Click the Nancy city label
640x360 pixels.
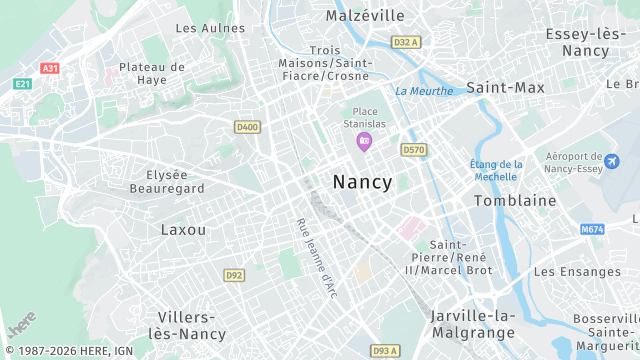pos(362,182)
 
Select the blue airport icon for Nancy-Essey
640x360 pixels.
pos(612,161)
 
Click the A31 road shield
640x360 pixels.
pos(50,68)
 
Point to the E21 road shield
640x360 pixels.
pos(22,84)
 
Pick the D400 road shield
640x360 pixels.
pos(246,127)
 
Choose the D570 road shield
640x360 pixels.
pos(413,149)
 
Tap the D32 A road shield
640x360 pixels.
pos(405,42)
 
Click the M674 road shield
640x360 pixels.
pos(593,229)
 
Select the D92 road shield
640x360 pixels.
pos(234,274)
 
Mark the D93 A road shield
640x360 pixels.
pos(385,351)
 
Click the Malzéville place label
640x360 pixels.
pos(365,16)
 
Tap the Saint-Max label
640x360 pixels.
pos(506,88)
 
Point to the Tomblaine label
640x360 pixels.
pos(515,200)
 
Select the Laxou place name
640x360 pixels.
pos(184,229)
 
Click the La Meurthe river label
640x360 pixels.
pos(424,91)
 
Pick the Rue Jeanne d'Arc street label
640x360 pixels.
pos(317,257)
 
